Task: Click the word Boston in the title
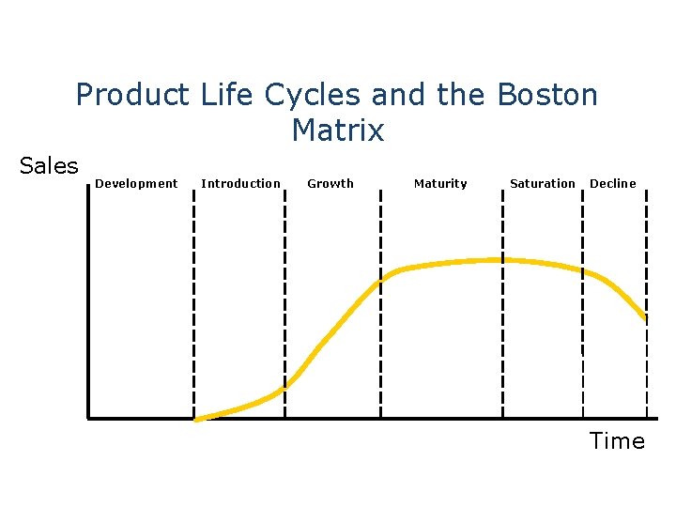(x=547, y=95)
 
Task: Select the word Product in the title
(x=133, y=95)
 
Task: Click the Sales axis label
(x=49, y=166)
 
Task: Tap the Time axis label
(x=617, y=441)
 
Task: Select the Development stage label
(x=136, y=183)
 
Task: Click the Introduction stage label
(x=240, y=183)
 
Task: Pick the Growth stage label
(x=330, y=183)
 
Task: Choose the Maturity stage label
(x=440, y=183)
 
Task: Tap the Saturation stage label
(x=543, y=183)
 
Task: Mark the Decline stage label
(x=612, y=183)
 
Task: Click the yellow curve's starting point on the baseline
(x=196, y=419)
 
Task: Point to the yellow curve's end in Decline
(x=646, y=319)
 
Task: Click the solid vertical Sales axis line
(x=87, y=300)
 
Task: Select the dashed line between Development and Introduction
(x=193, y=300)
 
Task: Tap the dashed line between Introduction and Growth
(x=284, y=300)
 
